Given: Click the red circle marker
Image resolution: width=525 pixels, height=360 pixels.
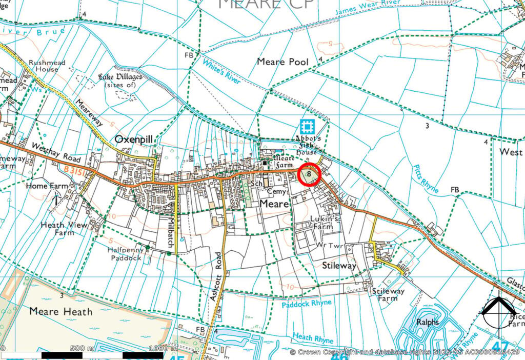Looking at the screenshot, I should pyautogui.click(x=309, y=174).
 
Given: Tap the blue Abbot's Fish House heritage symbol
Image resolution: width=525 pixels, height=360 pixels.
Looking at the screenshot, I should pyautogui.click(x=307, y=126).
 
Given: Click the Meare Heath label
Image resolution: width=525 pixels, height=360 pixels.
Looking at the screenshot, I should pyautogui.click(x=60, y=311).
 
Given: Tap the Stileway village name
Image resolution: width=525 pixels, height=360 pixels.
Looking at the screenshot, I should pyautogui.click(x=339, y=266).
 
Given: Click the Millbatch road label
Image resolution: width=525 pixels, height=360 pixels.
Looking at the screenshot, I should pyautogui.click(x=172, y=233).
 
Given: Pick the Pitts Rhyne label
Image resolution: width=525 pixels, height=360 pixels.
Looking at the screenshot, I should pyautogui.click(x=425, y=180).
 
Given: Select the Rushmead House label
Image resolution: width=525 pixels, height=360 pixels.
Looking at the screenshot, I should pyautogui.click(x=47, y=66).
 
